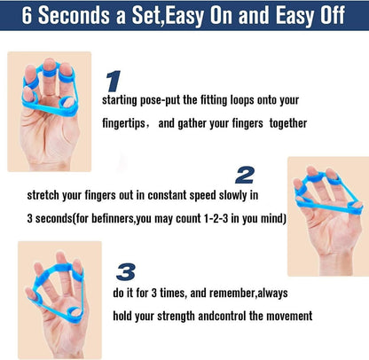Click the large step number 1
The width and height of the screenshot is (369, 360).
tap(113, 82)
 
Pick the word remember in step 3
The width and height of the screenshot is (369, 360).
tap(239, 293)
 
